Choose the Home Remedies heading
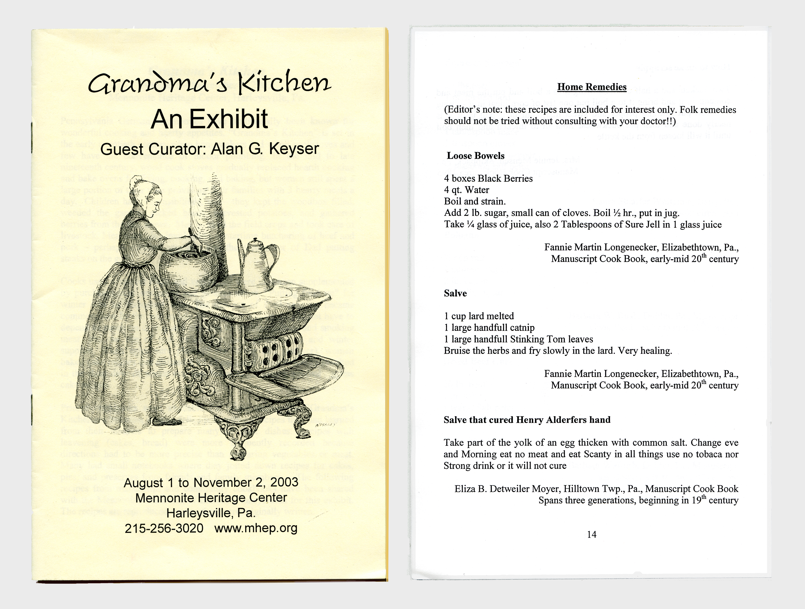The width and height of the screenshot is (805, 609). pyautogui.click(x=592, y=87)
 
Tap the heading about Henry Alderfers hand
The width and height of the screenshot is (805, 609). pyautogui.click(x=527, y=420)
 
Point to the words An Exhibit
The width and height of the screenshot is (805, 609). pyautogui.click(x=210, y=119)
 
